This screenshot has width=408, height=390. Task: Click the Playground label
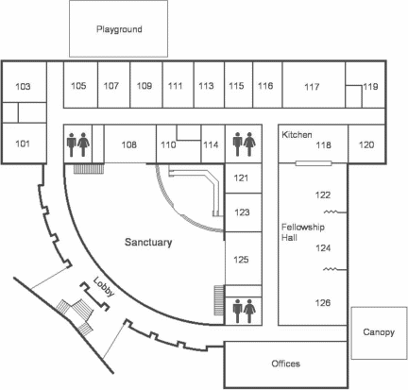(x=119, y=29)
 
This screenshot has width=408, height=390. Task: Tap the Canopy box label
(x=379, y=332)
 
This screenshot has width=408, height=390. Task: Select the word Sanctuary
(x=148, y=242)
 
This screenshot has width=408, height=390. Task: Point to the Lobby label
(x=104, y=287)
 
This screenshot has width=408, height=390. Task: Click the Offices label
(x=285, y=364)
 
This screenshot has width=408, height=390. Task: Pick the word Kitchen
(x=297, y=135)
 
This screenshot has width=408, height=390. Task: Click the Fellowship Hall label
(x=303, y=232)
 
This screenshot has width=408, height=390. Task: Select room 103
(x=23, y=86)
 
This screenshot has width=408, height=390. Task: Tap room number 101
(x=23, y=144)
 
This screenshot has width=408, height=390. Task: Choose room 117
(x=312, y=87)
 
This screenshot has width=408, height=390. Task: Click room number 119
(x=370, y=86)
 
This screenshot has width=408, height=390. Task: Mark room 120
(x=366, y=144)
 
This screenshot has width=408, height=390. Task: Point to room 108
(x=129, y=144)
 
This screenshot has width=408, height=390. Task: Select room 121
(x=241, y=178)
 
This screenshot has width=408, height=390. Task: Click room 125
(x=241, y=260)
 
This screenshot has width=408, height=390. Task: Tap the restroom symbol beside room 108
(x=78, y=144)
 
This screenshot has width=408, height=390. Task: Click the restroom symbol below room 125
(x=244, y=311)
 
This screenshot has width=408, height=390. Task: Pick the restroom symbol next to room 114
(x=244, y=144)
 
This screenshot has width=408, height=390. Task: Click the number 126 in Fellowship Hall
(x=323, y=303)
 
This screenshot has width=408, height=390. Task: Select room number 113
(x=206, y=86)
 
